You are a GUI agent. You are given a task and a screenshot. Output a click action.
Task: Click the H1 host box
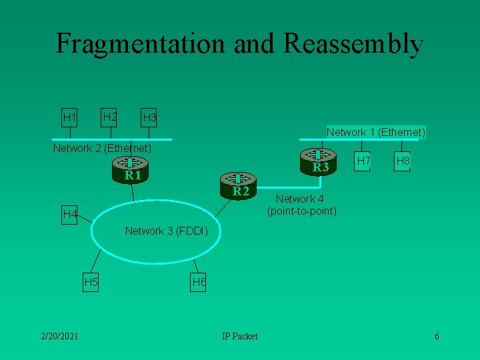tap(69, 118)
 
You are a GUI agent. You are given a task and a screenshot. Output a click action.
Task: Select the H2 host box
tap(109, 118)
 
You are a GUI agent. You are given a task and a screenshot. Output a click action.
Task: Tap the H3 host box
tap(149, 118)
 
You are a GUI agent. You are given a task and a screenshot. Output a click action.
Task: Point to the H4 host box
tap(69, 215)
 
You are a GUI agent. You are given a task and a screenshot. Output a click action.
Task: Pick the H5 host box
tap(91, 282)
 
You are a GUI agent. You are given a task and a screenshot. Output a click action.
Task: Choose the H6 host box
tap(198, 282)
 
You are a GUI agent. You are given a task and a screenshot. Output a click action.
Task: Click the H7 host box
tap(363, 161)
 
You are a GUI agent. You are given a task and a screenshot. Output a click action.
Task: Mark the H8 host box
tap(403, 161)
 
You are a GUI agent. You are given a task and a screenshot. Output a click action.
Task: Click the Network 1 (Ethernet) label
tap(376, 132)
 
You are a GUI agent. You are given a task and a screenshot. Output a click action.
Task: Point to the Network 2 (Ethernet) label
tap(102, 147)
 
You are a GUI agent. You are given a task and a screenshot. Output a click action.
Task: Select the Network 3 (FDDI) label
tap(167, 231)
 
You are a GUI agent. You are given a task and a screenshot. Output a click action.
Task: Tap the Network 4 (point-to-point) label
tap(301, 205)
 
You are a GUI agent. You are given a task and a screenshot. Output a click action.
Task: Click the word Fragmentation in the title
tap(141, 43)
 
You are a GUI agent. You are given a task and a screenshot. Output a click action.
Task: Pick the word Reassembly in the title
tap(353, 43)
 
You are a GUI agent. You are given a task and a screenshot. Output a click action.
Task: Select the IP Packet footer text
tap(240, 335)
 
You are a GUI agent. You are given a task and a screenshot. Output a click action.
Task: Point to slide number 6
tap(437, 335)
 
